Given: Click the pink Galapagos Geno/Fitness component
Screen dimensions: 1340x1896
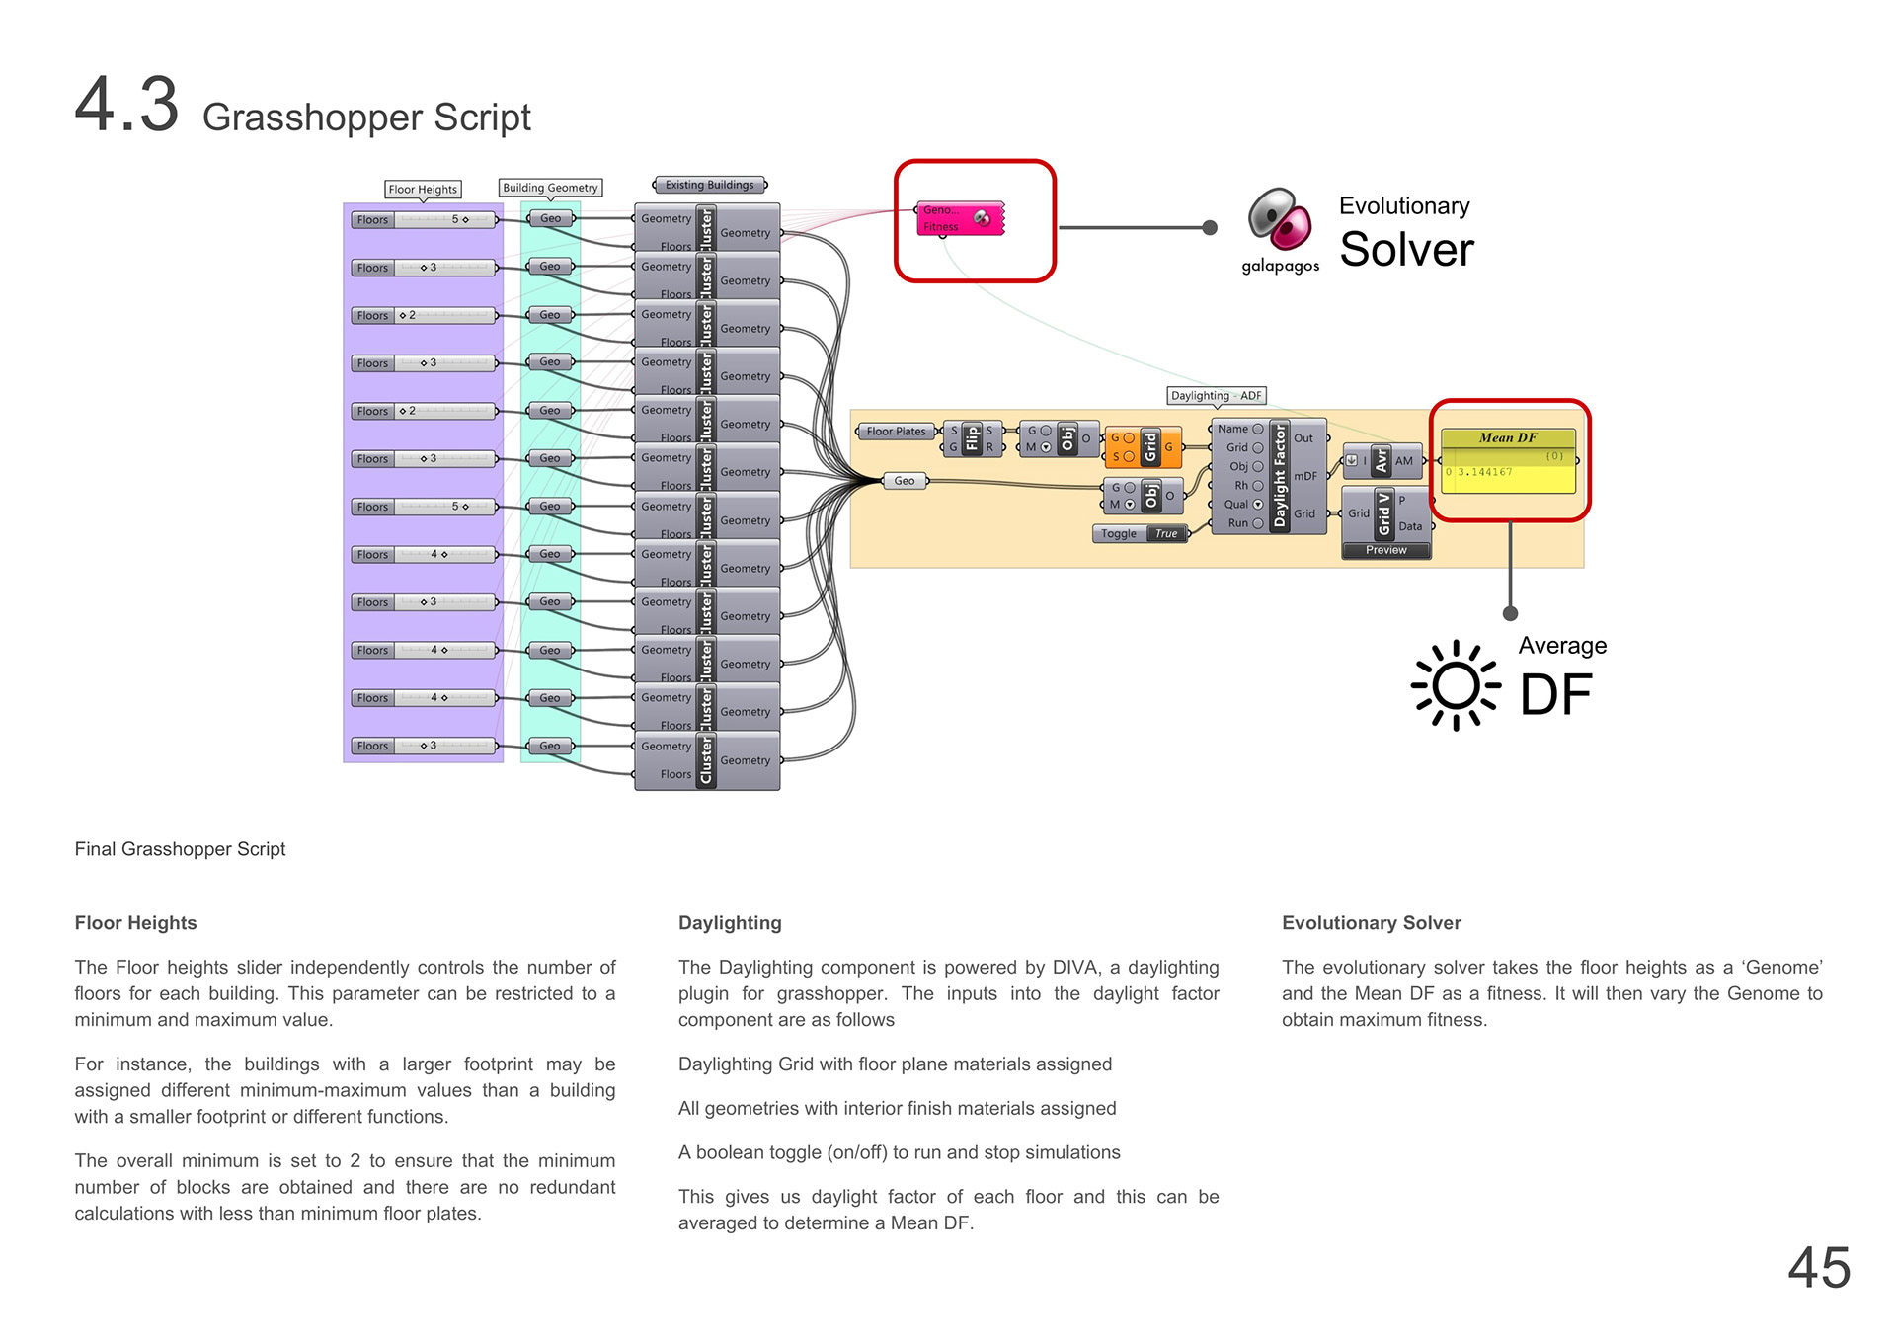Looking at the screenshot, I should [x=959, y=218].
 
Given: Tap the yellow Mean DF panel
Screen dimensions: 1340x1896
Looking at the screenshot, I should [x=1508, y=461].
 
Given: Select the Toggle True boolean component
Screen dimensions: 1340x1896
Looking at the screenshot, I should [x=1141, y=533].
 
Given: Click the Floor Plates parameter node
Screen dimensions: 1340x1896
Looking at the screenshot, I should [x=896, y=432].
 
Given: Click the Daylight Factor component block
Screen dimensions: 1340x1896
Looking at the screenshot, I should [x=1269, y=476].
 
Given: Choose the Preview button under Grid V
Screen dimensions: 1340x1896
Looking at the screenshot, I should [x=1385, y=550].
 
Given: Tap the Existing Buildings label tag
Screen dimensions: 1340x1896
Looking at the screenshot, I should [x=709, y=185].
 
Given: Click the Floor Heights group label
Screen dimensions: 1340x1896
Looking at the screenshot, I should [x=423, y=189].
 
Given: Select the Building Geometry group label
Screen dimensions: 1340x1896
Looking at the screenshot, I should [x=550, y=188].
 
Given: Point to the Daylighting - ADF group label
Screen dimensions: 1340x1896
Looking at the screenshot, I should [x=1216, y=396].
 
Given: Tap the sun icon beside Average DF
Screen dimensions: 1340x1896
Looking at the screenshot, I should [x=1456, y=685].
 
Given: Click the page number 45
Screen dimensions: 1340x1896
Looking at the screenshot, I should [x=1818, y=1267].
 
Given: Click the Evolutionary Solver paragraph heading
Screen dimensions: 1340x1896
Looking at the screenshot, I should [x=1371, y=923].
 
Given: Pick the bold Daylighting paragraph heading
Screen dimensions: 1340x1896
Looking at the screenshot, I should [x=730, y=923].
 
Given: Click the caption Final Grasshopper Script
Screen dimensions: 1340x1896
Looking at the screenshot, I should [x=180, y=849].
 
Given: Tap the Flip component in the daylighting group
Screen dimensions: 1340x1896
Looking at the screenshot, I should [x=972, y=438].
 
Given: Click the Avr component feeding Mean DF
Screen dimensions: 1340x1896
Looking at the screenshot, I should [x=1382, y=460].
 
